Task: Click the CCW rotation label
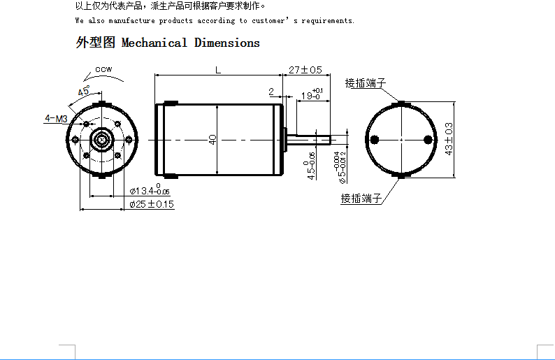[x=103, y=69]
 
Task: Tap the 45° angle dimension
[x=84, y=91]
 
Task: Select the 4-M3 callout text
[x=56, y=118]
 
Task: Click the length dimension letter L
[x=218, y=70]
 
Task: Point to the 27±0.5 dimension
[x=305, y=70]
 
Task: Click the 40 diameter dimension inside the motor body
[x=212, y=140]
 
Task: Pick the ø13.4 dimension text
[x=150, y=190]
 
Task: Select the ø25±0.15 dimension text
[x=152, y=204]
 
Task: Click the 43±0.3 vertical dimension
[x=449, y=139]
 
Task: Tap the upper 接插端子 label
[x=366, y=83]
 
